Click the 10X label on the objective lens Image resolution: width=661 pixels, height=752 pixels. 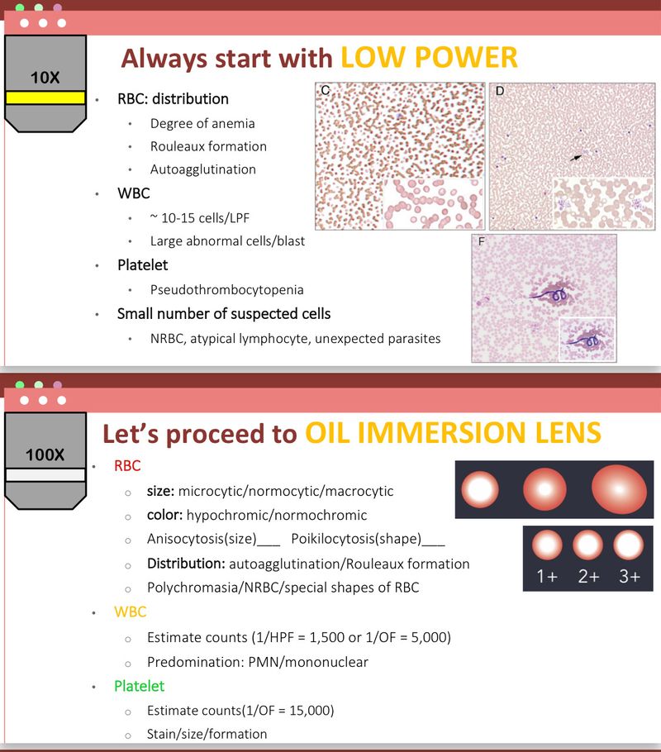pos(45,78)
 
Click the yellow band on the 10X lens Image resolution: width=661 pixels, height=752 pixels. pos(45,98)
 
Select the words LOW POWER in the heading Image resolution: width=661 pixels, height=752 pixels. pos(429,57)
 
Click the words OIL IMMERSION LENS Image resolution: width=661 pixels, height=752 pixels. pos(452,433)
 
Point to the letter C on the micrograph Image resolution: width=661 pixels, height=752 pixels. pos(325,91)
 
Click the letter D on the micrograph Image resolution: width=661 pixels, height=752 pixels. pos(499,91)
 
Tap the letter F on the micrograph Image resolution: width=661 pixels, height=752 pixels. pos(478,241)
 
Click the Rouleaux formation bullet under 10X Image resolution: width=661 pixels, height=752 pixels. pos(208,146)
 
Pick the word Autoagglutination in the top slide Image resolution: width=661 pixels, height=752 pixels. pos(203,169)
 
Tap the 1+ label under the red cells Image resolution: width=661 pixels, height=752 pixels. pos(547,577)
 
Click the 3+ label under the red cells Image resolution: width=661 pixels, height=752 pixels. pos(629,577)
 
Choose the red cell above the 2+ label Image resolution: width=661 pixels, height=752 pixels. pos(587,545)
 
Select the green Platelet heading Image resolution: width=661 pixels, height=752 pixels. pos(140,686)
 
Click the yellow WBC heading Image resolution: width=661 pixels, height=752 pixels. pos(131,612)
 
